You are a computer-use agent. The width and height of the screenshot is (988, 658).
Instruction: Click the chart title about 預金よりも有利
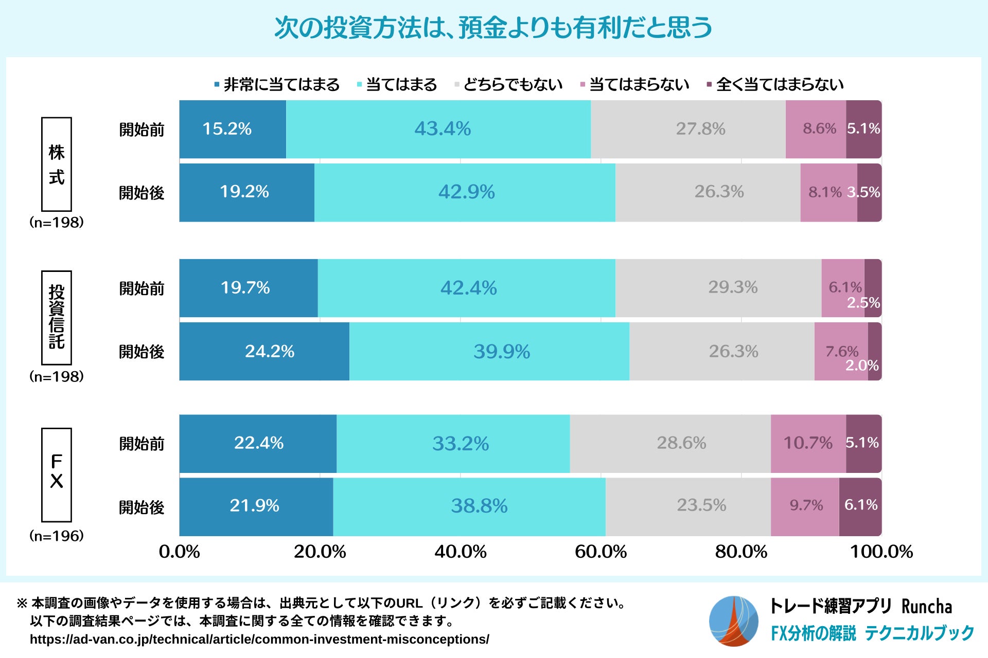(493, 28)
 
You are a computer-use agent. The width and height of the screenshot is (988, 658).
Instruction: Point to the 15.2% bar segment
(233, 129)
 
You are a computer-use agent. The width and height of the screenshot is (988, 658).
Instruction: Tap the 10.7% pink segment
(808, 443)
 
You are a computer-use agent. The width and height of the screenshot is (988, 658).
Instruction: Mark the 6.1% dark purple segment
(860, 506)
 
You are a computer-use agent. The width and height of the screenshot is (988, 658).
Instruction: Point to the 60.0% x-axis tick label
(601, 552)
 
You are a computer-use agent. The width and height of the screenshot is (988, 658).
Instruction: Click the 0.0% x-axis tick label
(179, 552)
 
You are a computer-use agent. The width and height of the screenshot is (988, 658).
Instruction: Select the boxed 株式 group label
(57, 164)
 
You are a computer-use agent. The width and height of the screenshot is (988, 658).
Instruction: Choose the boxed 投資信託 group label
(57, 317)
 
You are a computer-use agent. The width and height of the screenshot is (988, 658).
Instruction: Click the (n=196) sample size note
(57, 536)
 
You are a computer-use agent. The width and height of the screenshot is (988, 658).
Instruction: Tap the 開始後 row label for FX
(142, 507)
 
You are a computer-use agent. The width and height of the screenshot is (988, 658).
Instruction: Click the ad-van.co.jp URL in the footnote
(259, 639)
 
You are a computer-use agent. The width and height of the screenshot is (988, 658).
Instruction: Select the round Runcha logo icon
(733, 621)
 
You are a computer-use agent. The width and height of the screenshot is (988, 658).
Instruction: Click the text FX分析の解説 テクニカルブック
(872, 633)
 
